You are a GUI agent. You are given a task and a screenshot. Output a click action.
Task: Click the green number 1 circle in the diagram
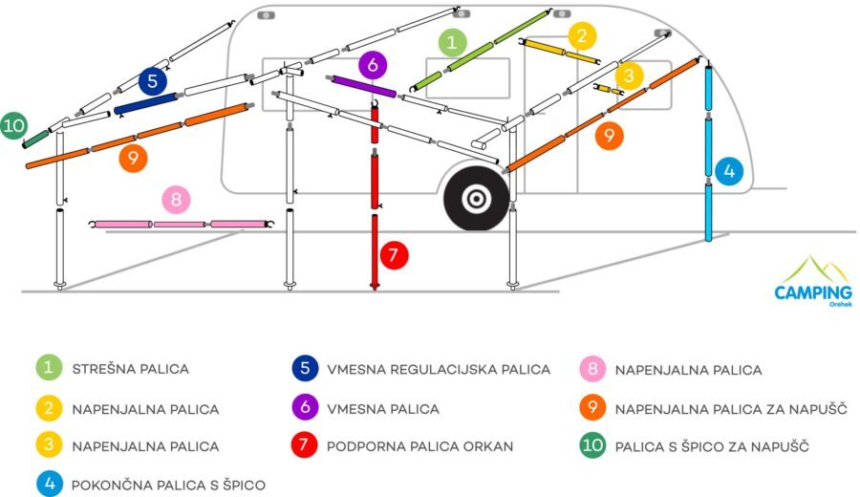tap(452, 42)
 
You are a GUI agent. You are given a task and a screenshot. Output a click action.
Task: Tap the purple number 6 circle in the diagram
tap(373, 65)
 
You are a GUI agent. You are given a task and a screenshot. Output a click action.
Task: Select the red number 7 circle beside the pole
tap(394, 255)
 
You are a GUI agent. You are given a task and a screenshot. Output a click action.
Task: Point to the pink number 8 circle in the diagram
tap(176, 199)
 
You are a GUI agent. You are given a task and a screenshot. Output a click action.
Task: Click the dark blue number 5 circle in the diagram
tap(153, 81)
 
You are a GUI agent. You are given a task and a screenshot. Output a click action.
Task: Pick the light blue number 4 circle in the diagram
tap(729, 171)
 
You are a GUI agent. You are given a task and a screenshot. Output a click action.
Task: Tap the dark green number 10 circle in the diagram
tap(13, 125)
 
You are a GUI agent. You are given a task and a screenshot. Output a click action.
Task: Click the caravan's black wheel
tap(476, 198)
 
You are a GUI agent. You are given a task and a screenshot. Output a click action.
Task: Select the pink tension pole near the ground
tap(182, 225)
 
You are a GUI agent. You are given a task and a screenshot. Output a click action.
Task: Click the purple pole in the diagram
tap(361, 86)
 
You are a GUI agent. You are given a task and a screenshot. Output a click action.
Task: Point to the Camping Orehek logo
tap(813, 281)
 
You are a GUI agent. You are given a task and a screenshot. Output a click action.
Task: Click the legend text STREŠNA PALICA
tap(131, 369)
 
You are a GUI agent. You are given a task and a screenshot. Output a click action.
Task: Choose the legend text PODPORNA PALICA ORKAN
tap(420, 446)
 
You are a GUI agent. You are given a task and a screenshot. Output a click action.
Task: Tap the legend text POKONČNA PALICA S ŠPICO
tap(168, 485)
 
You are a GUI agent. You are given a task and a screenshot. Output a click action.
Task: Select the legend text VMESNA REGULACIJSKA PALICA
tap(439, 370)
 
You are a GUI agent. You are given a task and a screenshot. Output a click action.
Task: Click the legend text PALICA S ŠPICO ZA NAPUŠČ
tap(712, 446)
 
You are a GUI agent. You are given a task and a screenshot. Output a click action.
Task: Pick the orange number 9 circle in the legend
tap(592, 407)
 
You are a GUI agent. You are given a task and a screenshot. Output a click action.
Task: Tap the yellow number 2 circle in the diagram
tap(583, 36)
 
